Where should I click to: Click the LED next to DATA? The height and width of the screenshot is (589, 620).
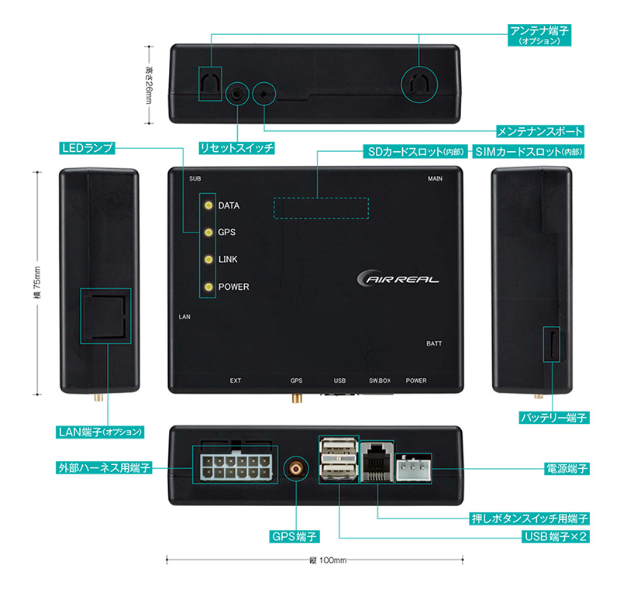pos(208,206)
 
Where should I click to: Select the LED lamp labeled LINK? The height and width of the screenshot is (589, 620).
pos(208,260)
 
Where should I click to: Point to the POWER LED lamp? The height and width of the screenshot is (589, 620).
pos(208,288)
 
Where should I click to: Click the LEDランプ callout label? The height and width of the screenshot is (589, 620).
pos(88,147)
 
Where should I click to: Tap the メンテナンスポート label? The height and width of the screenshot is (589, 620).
pos(540,131)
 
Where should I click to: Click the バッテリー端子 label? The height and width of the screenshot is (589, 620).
pos(553,418)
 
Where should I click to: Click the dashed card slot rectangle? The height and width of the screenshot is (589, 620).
pos(320,208)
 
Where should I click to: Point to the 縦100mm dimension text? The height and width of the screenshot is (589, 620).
pos(323,560)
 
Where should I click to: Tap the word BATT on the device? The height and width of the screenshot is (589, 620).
pos(435,343)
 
